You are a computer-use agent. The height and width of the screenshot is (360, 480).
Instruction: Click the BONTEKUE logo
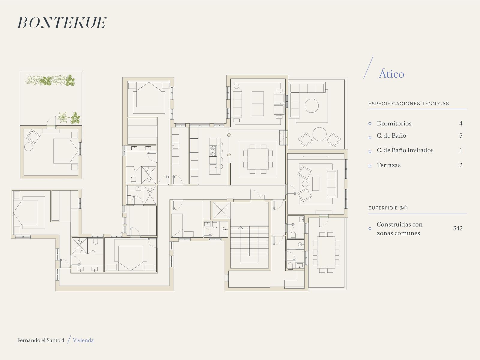click(x=62, y=23)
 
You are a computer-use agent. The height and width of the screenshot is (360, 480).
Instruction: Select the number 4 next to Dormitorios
click(x=461, y=124)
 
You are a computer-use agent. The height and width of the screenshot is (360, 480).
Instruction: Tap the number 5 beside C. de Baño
click(x=461, y=136)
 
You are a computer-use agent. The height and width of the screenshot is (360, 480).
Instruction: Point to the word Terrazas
click(x=388, y=165)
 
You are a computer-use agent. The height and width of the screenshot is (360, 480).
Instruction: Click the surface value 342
click(x=458, y=228)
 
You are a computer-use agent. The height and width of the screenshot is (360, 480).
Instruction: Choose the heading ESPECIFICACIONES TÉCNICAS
click(x=409, y=103)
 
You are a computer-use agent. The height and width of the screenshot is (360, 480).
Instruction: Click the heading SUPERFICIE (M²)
click(x=388, y=208)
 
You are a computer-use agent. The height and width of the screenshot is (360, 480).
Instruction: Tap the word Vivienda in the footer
click(x=83, y=340)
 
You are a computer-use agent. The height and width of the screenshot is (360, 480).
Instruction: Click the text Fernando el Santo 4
click(x=41, y=340)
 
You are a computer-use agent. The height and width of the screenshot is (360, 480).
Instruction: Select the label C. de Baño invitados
click(x=405, y=150)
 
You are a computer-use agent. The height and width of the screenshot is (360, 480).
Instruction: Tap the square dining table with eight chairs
click(x=258, y=159)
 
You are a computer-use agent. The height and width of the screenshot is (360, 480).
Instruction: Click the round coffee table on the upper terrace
click(x=312, y=106)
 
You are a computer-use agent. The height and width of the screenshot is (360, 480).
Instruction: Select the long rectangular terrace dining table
click(x=326, y=253)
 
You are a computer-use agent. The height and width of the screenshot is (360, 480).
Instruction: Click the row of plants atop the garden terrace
click(x=50, y=80)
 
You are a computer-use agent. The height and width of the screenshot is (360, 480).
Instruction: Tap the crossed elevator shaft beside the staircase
click(x=221, y=211)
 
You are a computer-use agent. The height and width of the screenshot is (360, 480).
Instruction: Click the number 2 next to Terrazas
click(x=461, y=165)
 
